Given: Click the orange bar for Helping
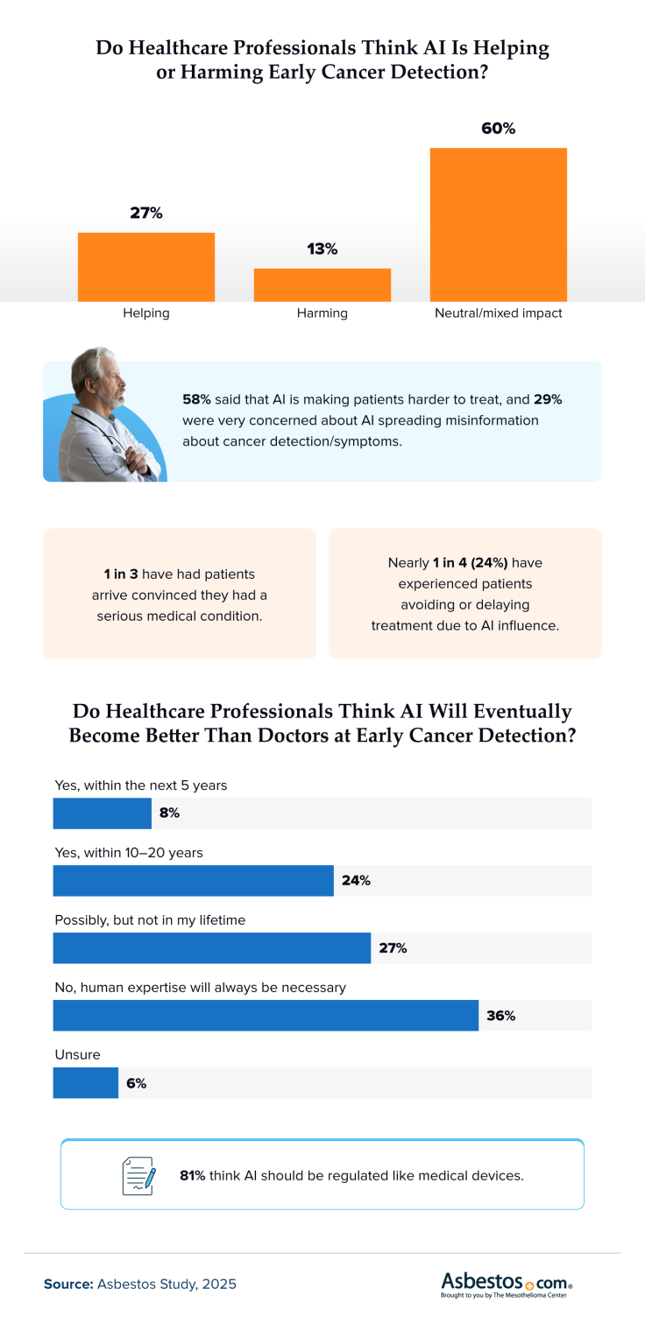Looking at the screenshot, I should point(146,267).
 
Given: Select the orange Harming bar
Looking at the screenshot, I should point(322,285).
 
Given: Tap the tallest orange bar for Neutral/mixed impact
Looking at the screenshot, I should point(498,225).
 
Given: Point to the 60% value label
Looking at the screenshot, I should point(498,129).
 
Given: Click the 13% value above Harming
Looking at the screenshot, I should point(322,249).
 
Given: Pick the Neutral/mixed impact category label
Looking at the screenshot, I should point(498,313).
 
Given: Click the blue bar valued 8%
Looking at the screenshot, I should point(102,813).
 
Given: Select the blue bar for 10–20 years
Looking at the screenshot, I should point(193,881).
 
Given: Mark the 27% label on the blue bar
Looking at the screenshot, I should point(393,948).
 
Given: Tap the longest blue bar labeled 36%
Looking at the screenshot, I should point(266,1016).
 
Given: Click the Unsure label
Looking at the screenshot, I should point(77,1055).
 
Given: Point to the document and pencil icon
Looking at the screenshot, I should point(138,1175).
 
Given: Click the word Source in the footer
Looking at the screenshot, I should point(69,1285).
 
